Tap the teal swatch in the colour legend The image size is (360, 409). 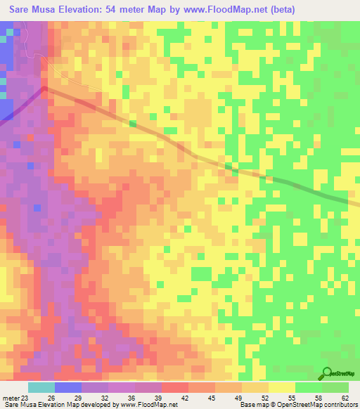[41, 388]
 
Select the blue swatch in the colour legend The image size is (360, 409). [67, 388]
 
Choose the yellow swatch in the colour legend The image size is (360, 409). [282, 388]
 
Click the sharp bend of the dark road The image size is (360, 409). [44, 89]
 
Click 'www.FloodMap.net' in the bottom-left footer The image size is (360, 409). [147, 405]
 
